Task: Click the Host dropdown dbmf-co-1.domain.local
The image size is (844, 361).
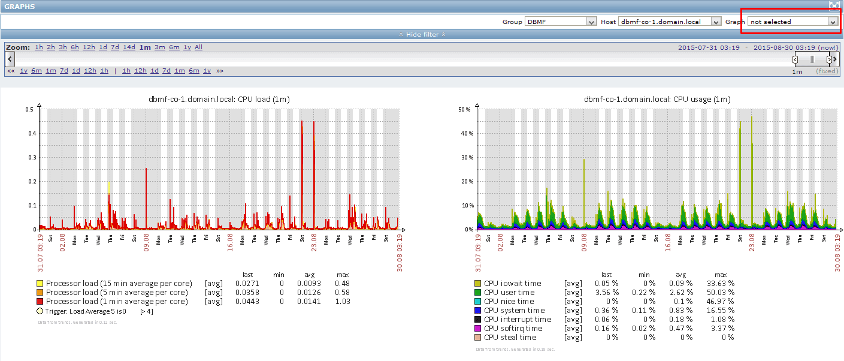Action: point(669,22)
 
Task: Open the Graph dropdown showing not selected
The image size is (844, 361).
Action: point(792,22)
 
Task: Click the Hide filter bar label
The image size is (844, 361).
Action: point(422,34)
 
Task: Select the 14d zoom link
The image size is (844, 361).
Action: point(129,47)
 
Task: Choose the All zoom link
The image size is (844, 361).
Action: point(198,47)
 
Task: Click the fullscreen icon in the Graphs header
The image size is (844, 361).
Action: point(834,5)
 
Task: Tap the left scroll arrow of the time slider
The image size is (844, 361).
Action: point(10,59)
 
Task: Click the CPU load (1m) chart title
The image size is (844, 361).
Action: point(219,99)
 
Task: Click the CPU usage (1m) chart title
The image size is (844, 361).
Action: point(657,99)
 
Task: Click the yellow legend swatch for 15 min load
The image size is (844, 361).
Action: point(40,283)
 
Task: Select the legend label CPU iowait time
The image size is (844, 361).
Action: point(512,283)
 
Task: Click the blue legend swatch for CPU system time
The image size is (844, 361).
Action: point(477,310)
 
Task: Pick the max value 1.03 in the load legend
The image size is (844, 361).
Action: point(341,301)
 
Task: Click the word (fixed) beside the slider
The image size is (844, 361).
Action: point(827,71)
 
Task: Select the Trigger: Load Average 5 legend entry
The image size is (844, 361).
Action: point(86,311)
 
